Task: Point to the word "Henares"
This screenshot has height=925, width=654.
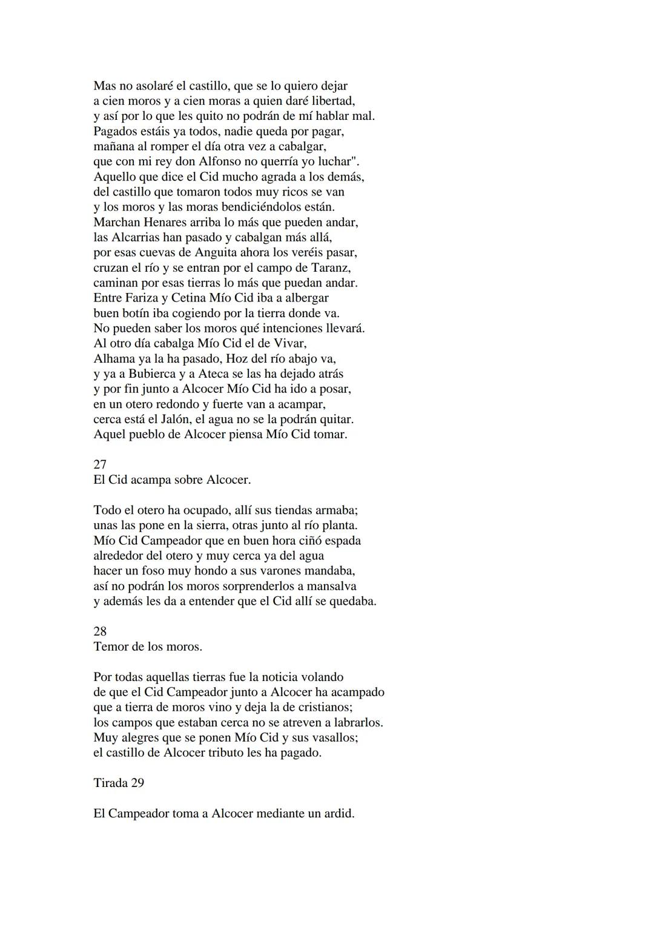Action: click(x=163, y=222)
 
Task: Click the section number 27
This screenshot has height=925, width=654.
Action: click(x=100, y=464)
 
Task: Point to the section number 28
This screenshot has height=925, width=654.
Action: click(x=100, y=631)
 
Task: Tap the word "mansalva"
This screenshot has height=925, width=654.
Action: click(x=332, y=586)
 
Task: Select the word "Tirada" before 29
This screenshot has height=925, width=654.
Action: click(x=110, y=783)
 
